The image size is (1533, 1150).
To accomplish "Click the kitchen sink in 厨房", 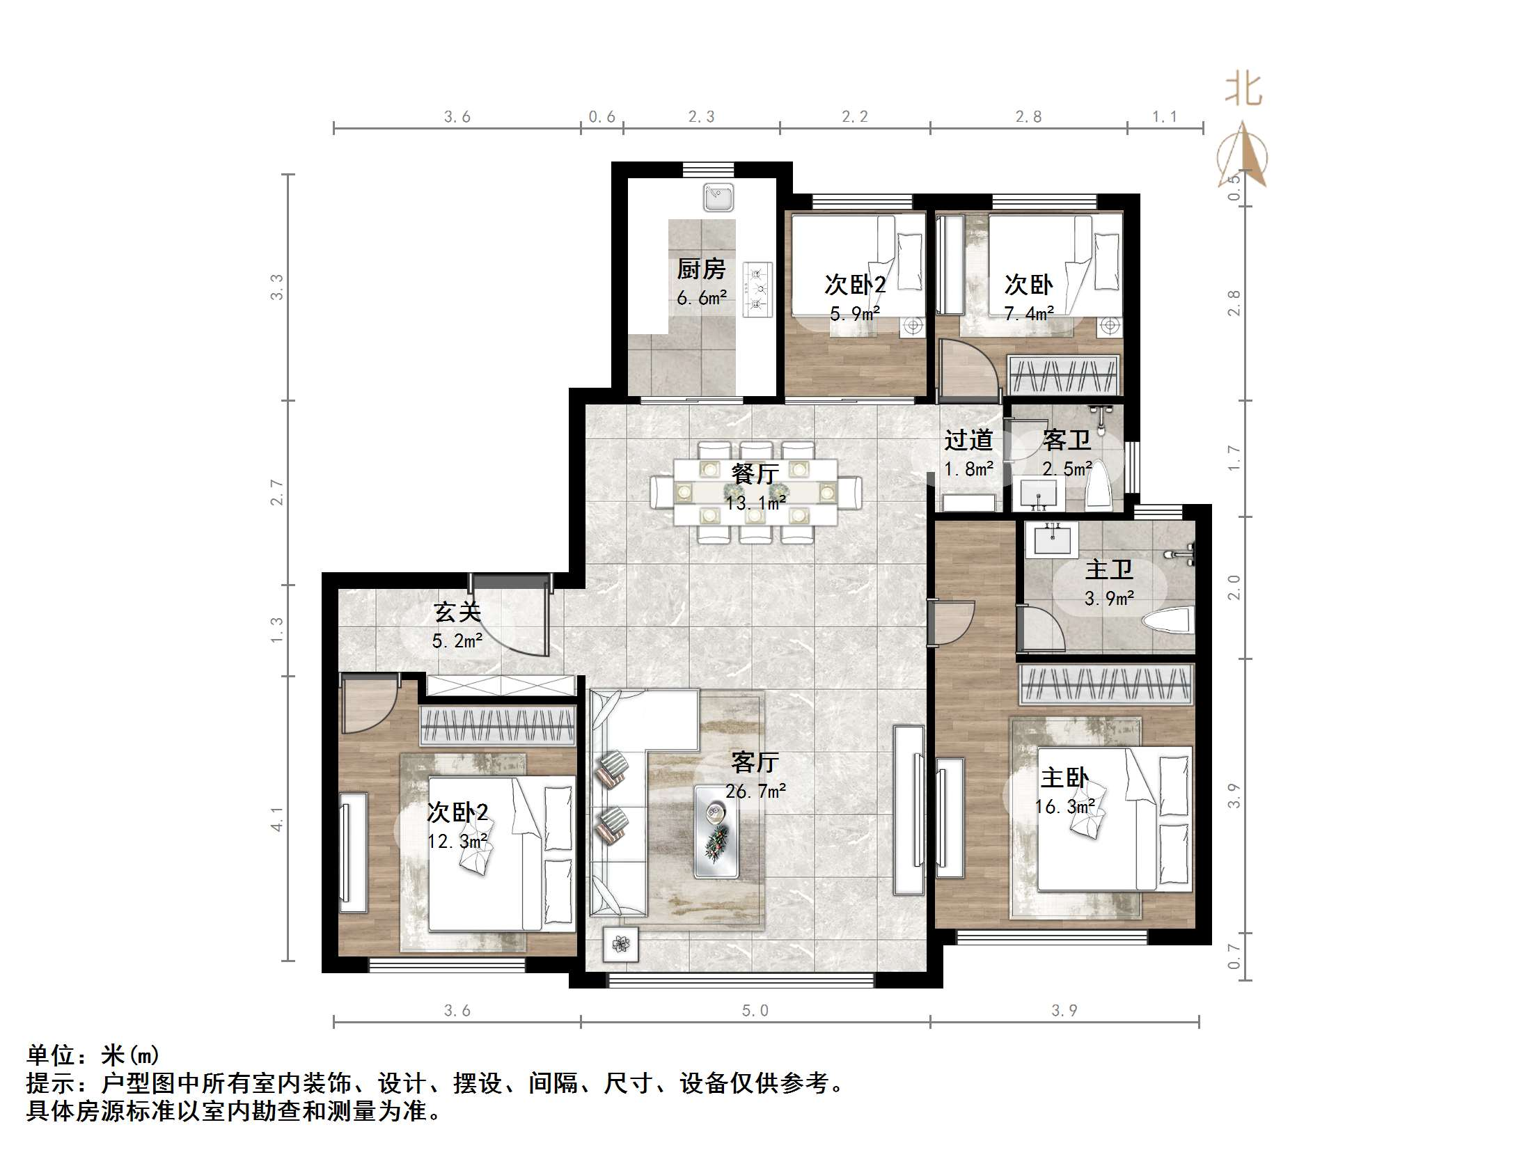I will pos(718,197).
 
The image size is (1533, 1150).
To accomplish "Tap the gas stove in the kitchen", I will pos(757,289).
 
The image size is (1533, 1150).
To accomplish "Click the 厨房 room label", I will pos(701,269).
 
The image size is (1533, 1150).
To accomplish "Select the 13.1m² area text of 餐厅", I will pos(756,503).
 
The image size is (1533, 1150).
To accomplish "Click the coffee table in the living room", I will pos(716,830).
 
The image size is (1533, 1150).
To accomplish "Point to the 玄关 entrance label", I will pos(457,613).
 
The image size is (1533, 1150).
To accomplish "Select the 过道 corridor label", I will pos(968,440).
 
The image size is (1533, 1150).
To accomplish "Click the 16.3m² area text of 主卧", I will pos(1064,807).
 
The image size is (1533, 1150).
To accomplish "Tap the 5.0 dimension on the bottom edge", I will pos(755,1011).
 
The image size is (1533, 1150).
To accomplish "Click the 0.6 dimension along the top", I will pos(602,117).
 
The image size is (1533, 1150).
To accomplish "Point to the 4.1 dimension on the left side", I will pos(277,819).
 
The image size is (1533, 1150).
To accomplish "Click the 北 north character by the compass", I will pos(1243,90).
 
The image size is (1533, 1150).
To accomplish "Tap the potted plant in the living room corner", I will pos(620,945).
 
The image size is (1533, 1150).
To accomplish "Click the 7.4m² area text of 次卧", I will pos(1029,314).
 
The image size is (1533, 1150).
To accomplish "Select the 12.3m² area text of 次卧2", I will pos(457,842).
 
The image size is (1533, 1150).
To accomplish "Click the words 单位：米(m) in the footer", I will pos(93,1055).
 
